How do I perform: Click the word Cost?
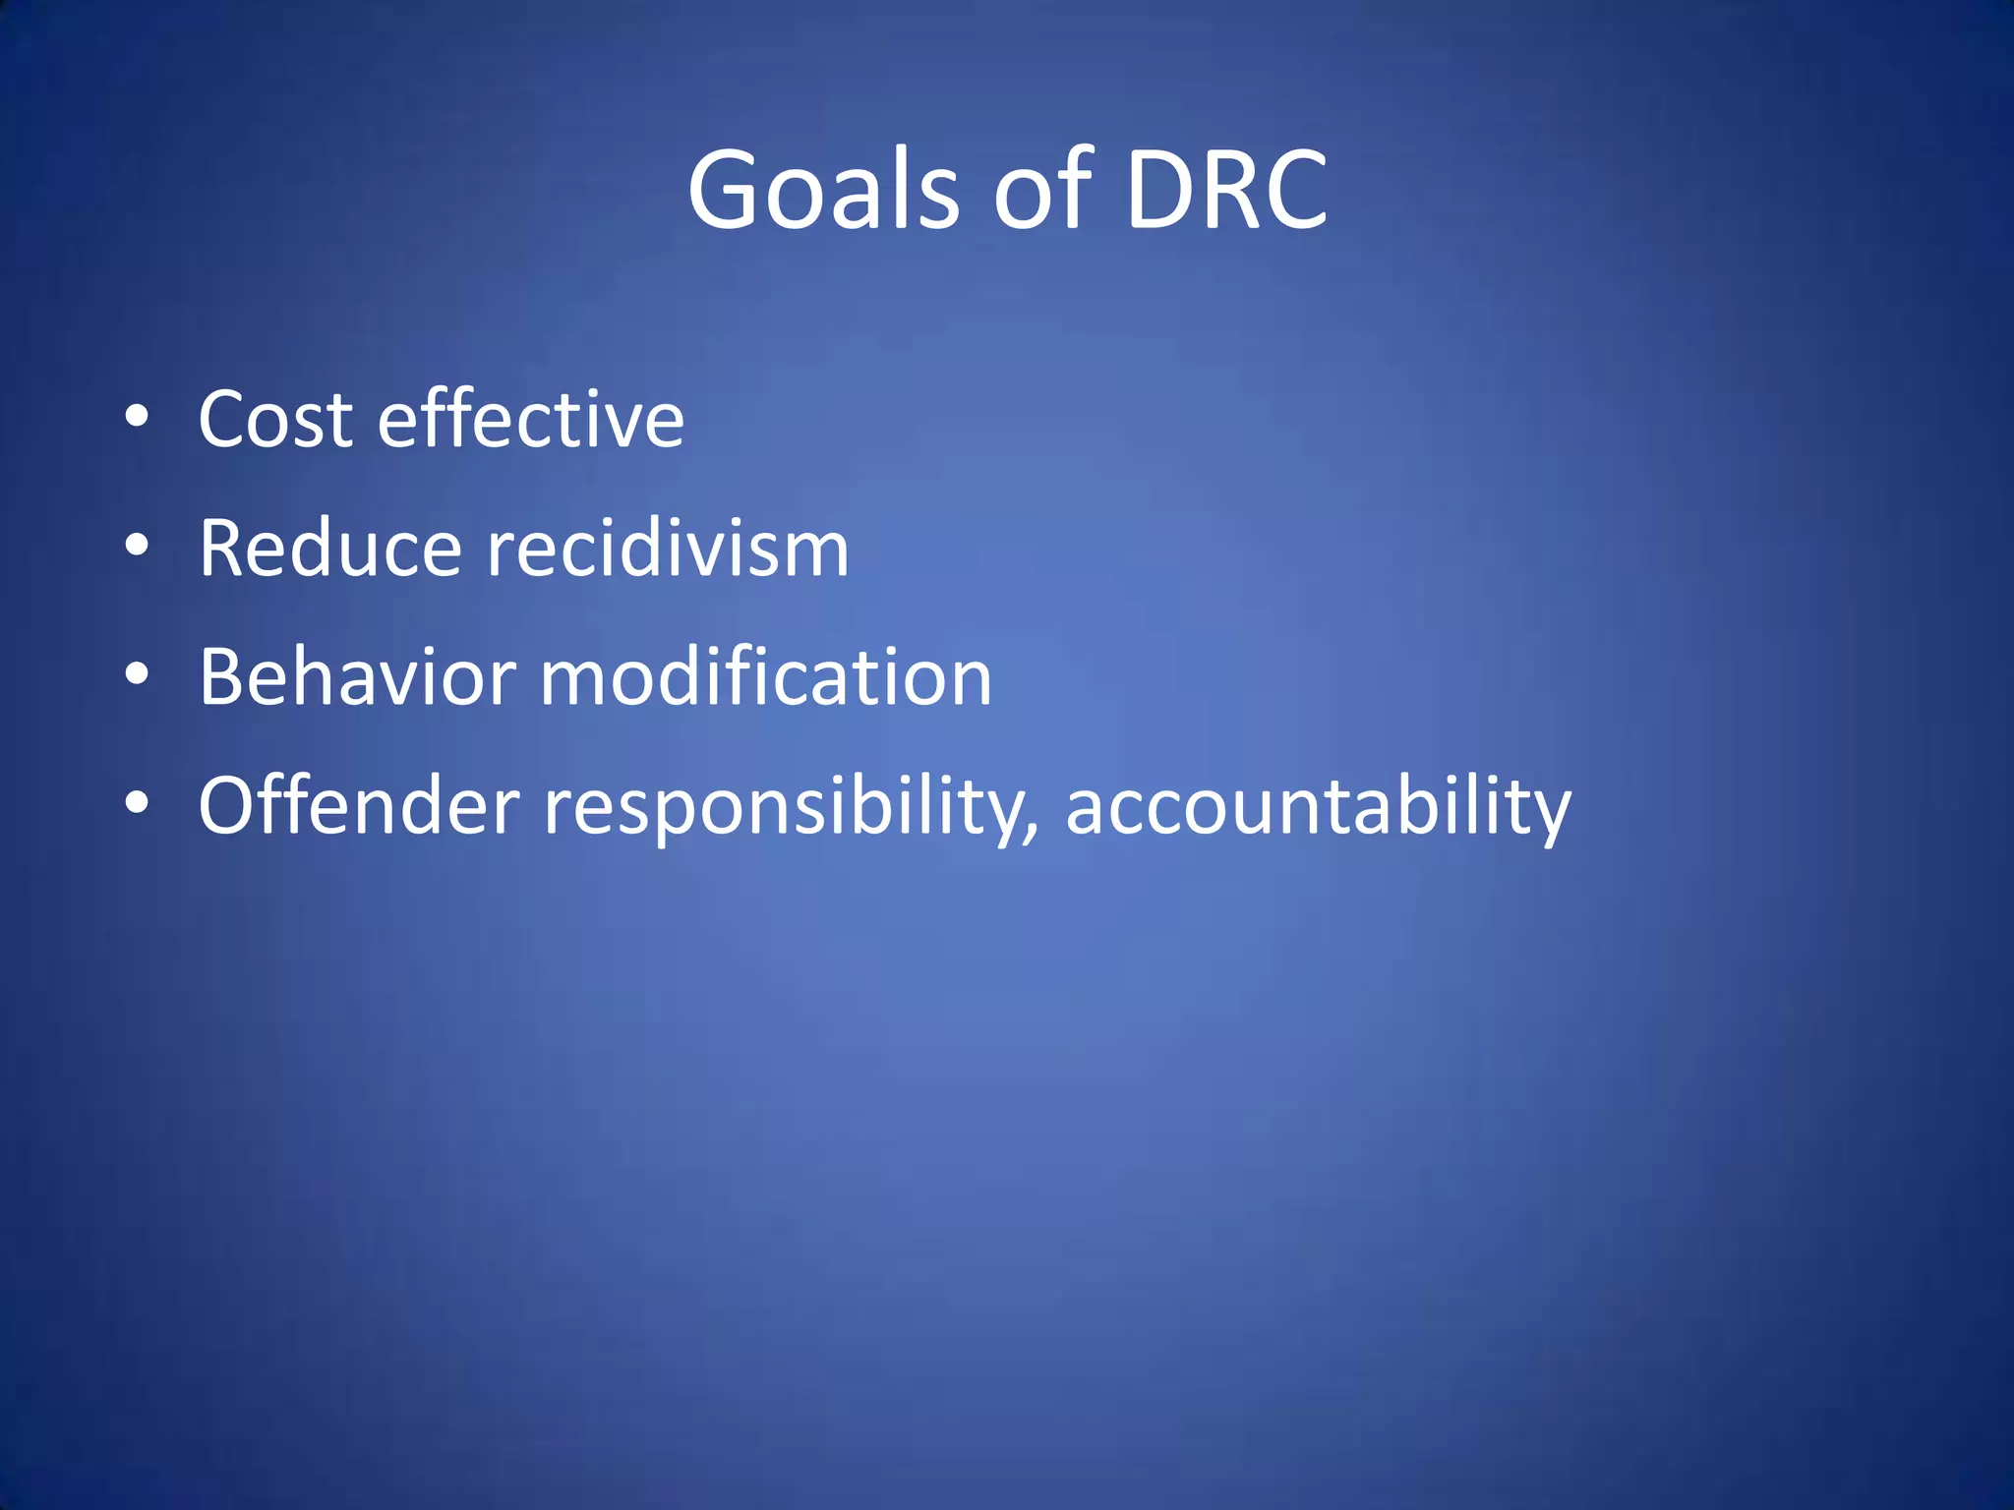click(275, 420)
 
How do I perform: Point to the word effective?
click(531, 420)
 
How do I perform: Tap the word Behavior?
click(357, 677)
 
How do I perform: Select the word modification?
click(766, 677)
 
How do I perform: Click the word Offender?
click(358, 806)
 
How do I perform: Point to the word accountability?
click(1318, 806)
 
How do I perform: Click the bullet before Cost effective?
click(137, 417)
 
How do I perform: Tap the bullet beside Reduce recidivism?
click(137, 546)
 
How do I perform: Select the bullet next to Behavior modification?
click(137, 674)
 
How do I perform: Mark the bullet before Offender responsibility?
click(137, 803)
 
